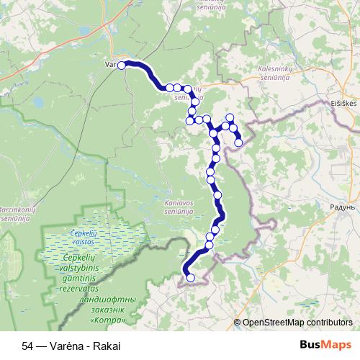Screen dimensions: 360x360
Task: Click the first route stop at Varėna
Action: tap(122, 66)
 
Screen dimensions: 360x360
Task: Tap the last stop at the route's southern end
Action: tap(191, 278)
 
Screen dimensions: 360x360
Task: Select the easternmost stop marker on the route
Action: tap(238, 143)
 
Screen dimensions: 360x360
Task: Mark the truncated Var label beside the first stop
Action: tap(111, 65)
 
